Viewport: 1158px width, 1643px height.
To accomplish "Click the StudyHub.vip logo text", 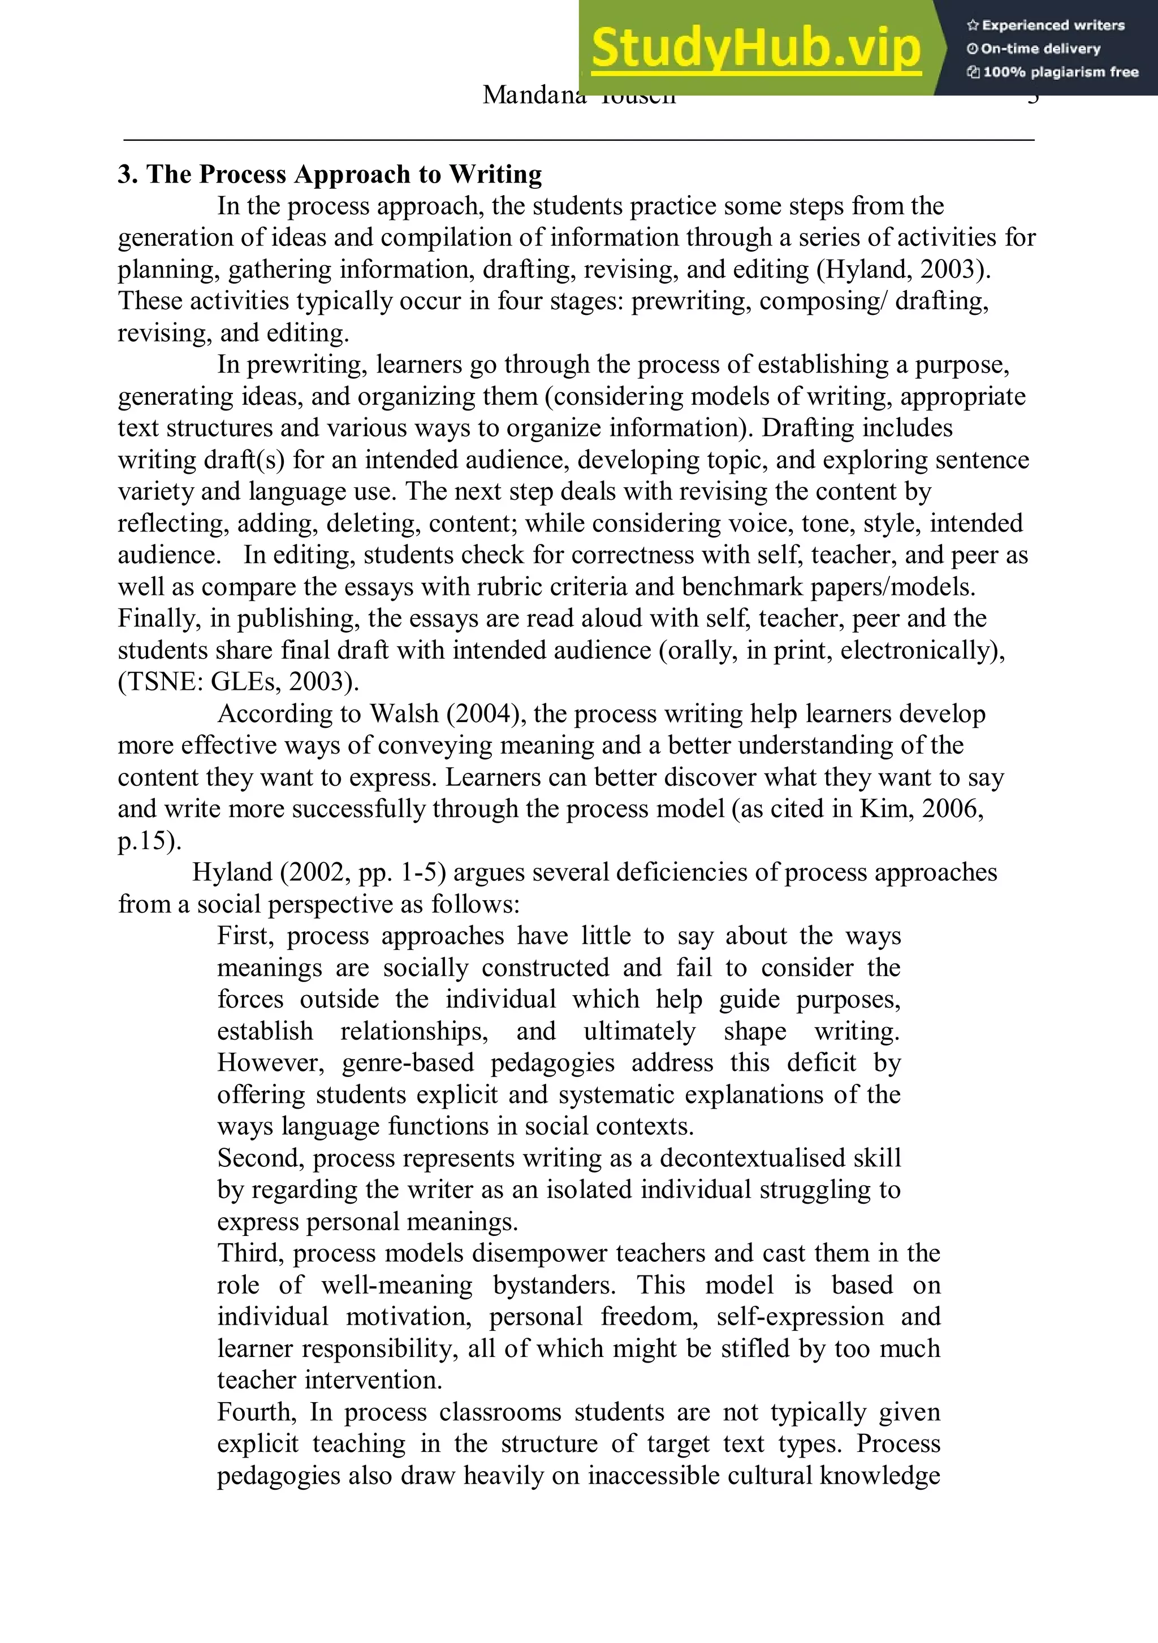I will coord(756,47).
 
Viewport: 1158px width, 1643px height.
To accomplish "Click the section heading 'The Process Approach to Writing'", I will coord(344,174).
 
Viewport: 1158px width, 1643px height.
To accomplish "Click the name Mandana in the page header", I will coord(533,95).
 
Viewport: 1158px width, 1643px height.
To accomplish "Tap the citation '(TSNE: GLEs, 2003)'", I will coord(238,681).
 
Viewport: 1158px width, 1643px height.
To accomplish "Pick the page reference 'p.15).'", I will coord(149,840).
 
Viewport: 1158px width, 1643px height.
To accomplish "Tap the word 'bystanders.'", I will coord(554,1285).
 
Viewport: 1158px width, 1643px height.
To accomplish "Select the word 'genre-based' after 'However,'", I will coord(407,1063).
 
